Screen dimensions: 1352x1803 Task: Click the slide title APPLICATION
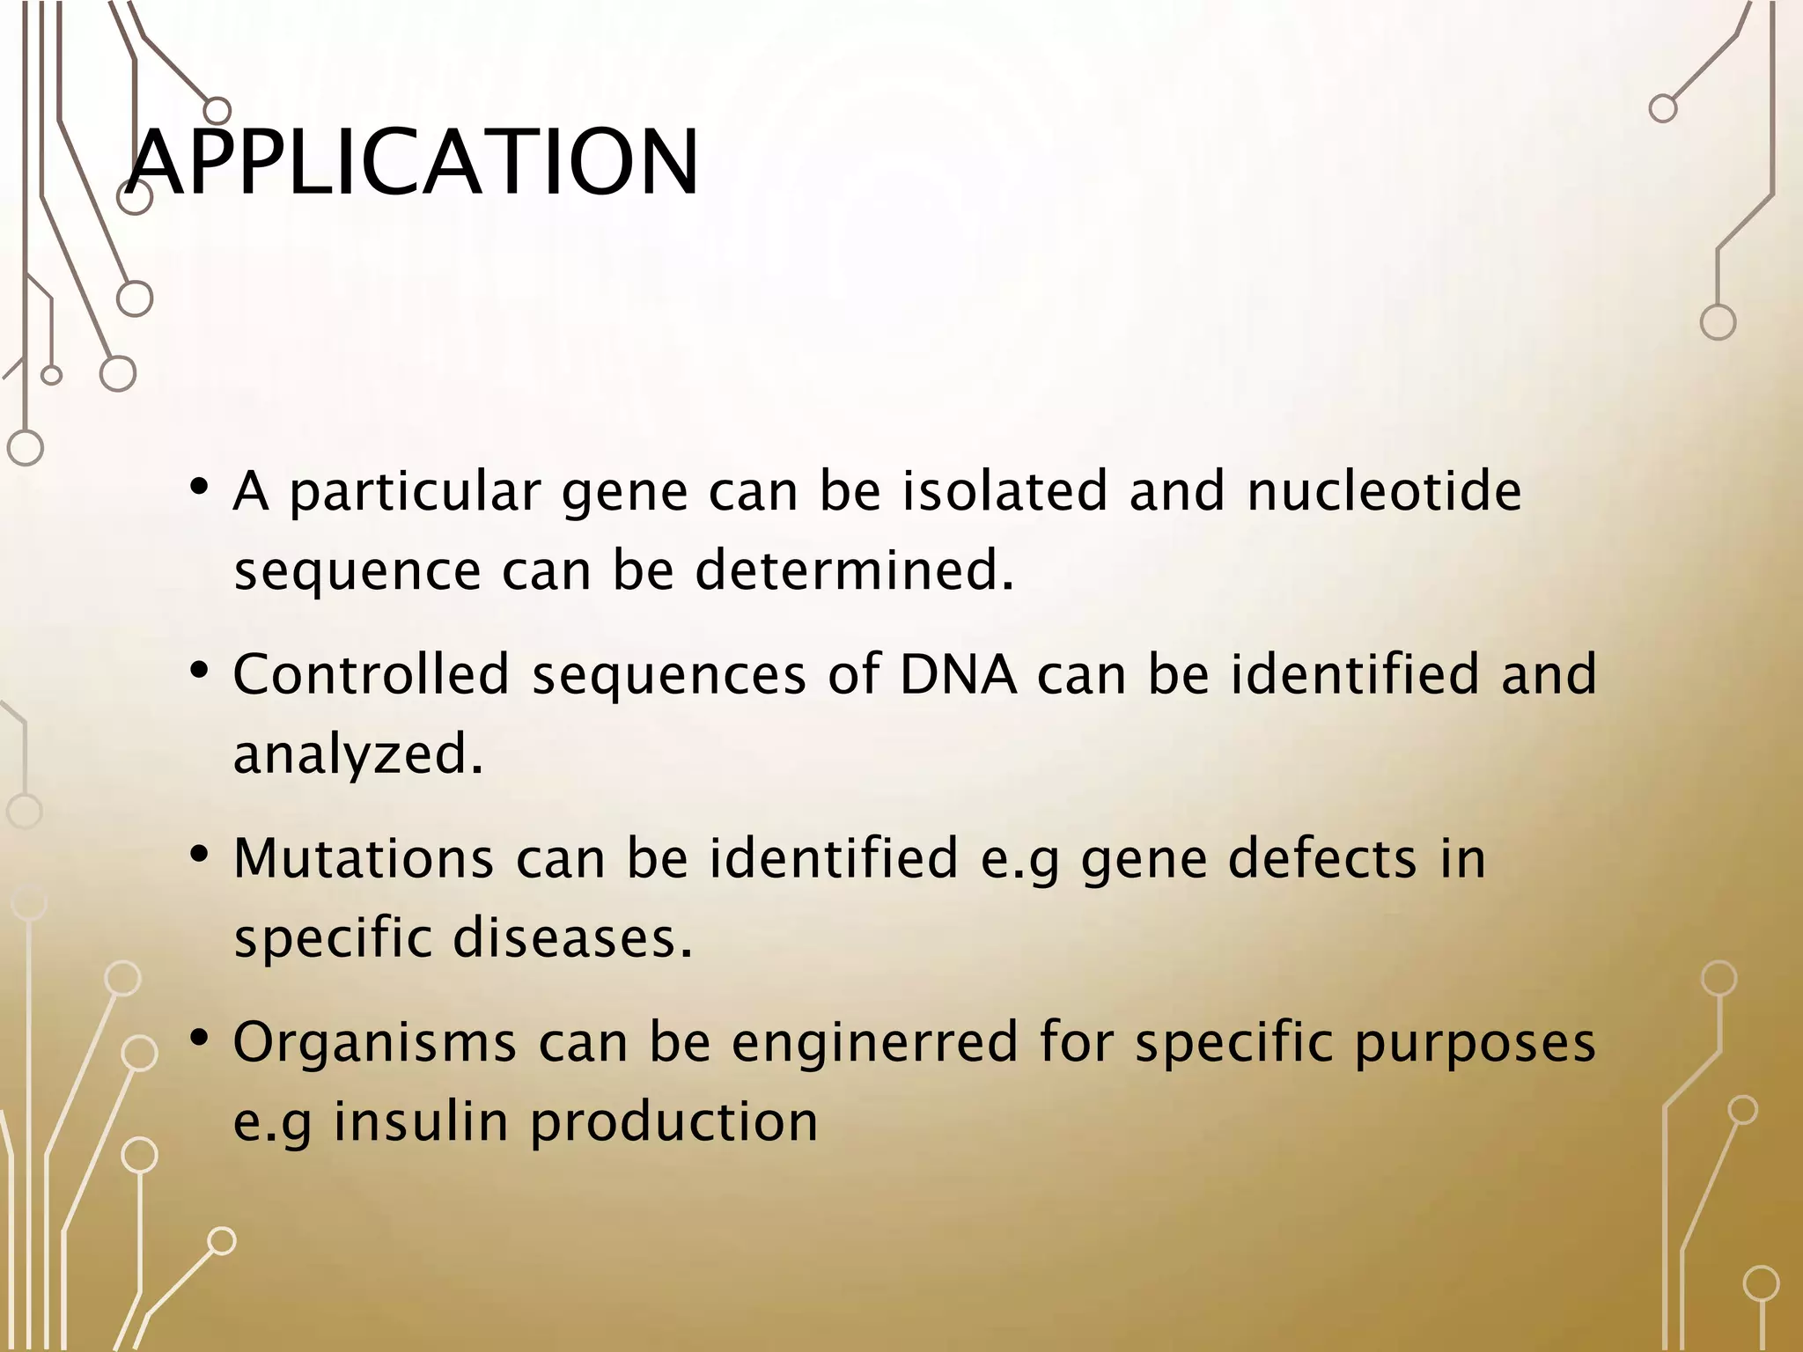pos(412,163)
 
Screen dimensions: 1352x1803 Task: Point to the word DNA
pos(958,674)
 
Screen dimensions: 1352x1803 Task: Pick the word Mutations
pos(364,858)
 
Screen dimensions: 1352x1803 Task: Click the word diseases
pos(572,937)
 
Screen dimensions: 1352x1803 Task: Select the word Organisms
pos(375,1042)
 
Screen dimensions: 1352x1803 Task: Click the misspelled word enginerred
pos(874,1042)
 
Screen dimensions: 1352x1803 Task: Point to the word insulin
pos(422,1122)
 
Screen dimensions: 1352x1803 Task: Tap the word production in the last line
pos(674,1122)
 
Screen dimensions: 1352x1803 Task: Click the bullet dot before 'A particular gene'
pos(199,487)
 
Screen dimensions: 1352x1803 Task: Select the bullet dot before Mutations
pos(199,854)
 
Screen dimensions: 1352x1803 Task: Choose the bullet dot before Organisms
pos(199,1039)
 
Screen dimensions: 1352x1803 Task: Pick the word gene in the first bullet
pos(624,493)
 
